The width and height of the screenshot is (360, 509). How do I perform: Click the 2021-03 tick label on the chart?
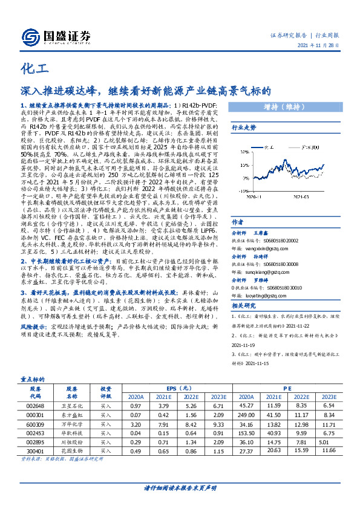[x=296, y=196]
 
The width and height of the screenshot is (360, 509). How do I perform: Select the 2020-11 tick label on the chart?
[x=254, y=196]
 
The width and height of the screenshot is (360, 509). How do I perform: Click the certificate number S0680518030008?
[x=288, y=264]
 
